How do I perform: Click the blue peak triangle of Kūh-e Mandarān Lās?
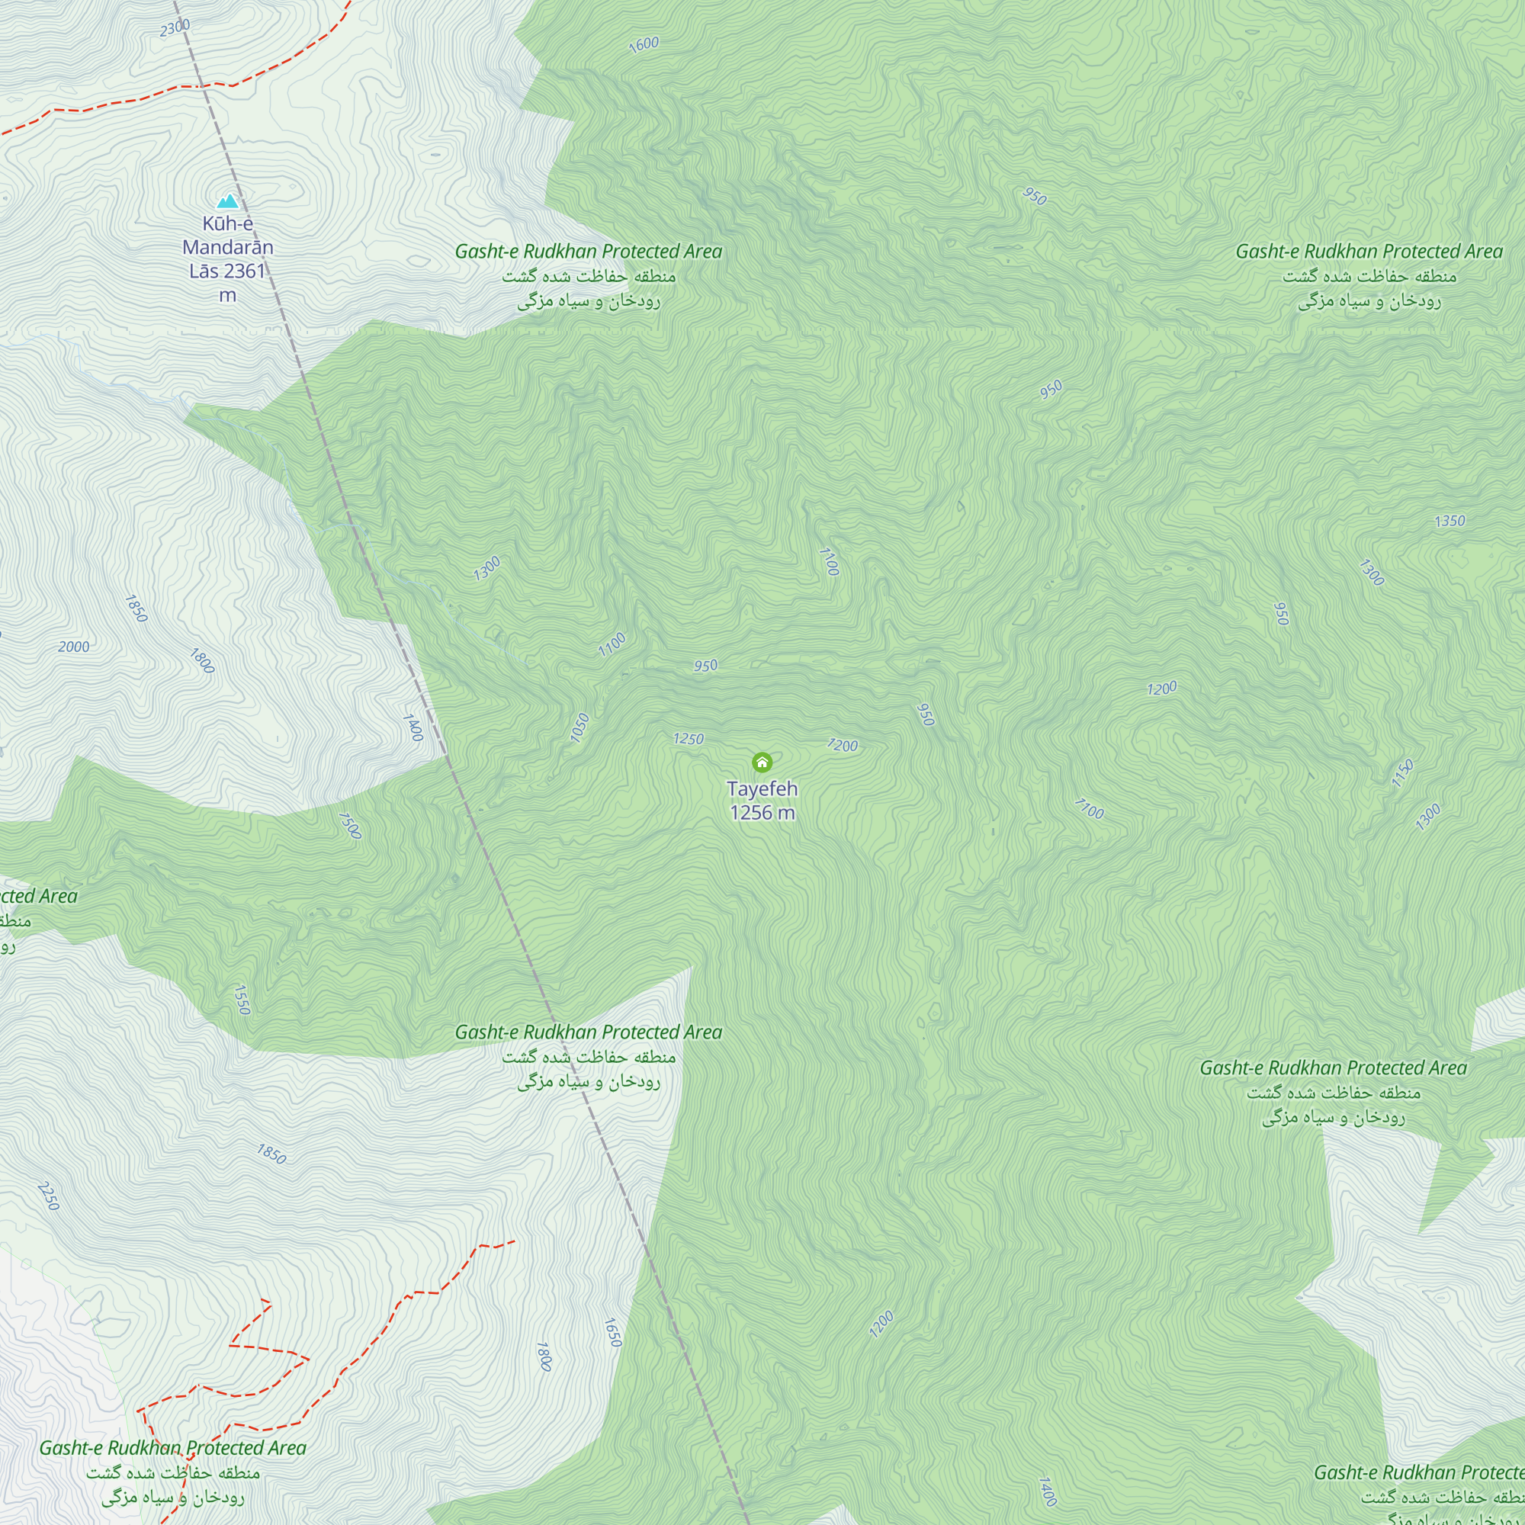coord(228,201)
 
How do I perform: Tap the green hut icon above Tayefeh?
coord(762,762)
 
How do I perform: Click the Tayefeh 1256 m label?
coord(762,801)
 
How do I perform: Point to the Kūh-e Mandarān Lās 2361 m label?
coord(227,259)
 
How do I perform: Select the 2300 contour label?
coord(175,27)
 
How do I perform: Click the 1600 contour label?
coord(644,44)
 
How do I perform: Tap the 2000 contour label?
coord(73,647)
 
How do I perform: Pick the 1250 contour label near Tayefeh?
coord(688,739)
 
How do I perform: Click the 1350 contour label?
coord(1450,521)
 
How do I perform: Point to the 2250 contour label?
coord(48,1196)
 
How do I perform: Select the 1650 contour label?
coord(612,1332)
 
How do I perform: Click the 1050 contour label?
coord(579,727)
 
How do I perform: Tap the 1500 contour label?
coord(350,826)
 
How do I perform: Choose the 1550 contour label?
coord(242,1000)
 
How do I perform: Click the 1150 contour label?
coord(1402,773)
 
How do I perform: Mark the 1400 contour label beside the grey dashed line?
coord(413,727)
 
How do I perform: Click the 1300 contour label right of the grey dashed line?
coord(486,568)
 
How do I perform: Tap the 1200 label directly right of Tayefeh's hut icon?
coord(842,745)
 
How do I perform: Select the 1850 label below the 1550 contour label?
coord(271,1154)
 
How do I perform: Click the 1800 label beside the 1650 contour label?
coord(543,1356)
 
